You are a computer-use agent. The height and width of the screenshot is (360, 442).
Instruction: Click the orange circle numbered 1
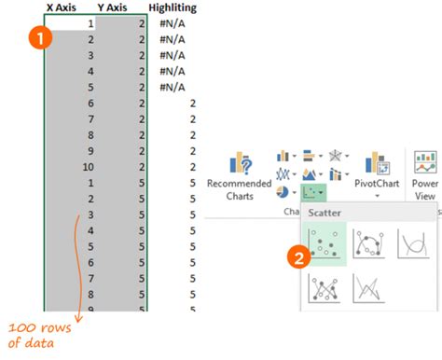click(39, 37)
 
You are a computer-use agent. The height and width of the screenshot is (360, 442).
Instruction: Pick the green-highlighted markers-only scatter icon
click(324, 244)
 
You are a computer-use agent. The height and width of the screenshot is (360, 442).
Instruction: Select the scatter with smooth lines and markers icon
click(370, 244)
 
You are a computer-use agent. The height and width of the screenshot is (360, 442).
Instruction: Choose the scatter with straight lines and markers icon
click(324, 291)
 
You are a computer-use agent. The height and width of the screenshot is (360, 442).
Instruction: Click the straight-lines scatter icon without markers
click(370, 291)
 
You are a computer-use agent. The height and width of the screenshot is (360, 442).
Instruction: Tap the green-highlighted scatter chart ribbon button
click(313, 192)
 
